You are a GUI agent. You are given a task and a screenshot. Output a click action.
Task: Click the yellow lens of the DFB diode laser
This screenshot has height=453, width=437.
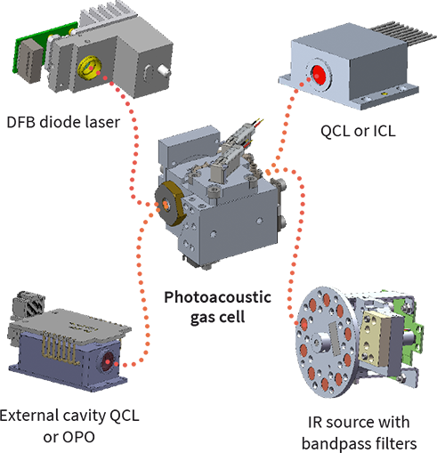89,68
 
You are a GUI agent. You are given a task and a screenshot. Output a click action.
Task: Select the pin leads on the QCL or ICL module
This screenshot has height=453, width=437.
403,32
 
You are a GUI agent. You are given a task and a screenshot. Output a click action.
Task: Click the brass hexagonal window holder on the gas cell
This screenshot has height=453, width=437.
167,204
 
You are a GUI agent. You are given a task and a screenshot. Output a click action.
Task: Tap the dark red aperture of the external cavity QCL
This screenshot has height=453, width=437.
107,361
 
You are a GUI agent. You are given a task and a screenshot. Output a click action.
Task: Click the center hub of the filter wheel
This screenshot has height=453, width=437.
322,342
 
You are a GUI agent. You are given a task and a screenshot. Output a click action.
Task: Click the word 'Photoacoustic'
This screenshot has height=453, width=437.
217,297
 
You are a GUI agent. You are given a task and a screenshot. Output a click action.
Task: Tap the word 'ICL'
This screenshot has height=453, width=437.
384,131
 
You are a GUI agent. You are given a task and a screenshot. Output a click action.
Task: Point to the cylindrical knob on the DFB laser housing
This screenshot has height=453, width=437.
164,70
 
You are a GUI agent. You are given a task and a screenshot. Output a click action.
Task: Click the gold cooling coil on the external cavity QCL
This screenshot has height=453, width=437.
61,346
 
